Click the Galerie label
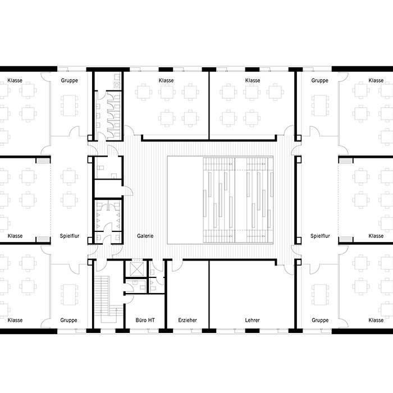[x=145, y=236]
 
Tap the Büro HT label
[x=145, y=320]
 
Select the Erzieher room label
[x=188, y=320]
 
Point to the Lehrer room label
[x=253, y=320]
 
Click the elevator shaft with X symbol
[x=137, y=269]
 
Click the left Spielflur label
[x=70, y=236]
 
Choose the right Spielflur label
[x=320, y=236]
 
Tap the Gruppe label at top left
[x=69, y=80]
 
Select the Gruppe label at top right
[x=319, y=80]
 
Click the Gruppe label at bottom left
[x=68, y=320]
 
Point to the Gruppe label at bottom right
[x=320, y=320]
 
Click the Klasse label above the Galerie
[x=166, y=80]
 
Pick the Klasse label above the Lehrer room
[x=253, y=80]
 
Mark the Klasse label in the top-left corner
[x=15, y=80]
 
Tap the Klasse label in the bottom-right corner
[x=376, y=320]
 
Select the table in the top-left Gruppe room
[x=69, y=106]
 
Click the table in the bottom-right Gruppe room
[x=320, y=295]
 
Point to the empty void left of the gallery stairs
[x=185, y=200]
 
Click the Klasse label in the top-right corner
[x=376, y=80]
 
